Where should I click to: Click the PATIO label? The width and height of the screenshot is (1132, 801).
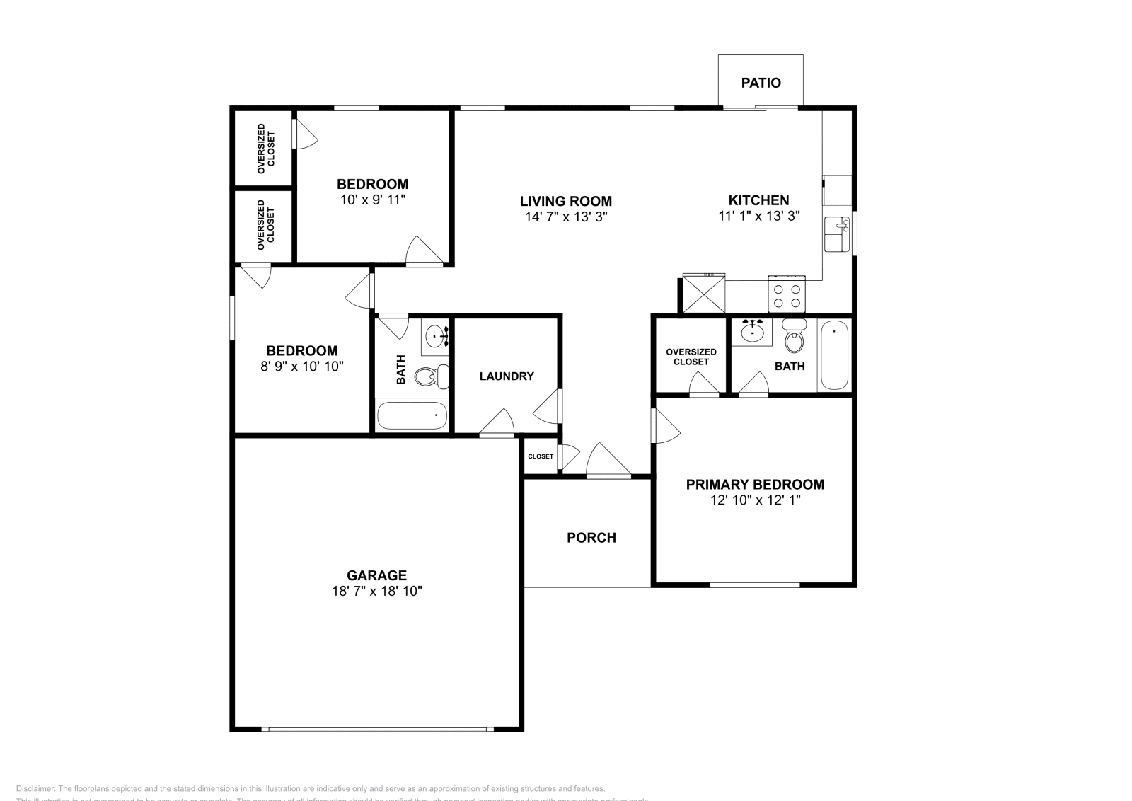(x=761, y=83)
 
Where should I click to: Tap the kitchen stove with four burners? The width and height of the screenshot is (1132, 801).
(x=787, y=295)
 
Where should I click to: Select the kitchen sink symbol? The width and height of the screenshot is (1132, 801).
(x=838, y=234)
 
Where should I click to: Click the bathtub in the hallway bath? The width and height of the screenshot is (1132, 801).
(x=412, y=415)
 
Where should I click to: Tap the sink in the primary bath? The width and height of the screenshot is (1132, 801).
(x=751, y=331)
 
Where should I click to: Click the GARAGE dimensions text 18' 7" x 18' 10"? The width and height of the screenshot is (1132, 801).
(x=376, y=591)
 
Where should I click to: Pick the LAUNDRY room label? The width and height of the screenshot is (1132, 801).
(x=507, y=376)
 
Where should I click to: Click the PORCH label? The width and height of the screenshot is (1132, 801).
(x=591, y=538)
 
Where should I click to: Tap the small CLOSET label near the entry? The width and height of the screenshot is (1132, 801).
(x=541, y=456)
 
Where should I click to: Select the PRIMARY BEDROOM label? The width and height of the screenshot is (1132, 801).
(x=755, y=485)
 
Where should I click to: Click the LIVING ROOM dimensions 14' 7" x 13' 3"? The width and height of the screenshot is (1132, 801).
(x=566, y=217)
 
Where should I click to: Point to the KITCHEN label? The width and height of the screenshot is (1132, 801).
(x=758, y=200)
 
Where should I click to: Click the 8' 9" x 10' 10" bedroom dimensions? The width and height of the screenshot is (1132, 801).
(x=301, y=366)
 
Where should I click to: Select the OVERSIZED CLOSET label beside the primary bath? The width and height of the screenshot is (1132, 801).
(x=691, y=357)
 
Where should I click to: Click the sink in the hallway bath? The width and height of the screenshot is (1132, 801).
(x=437, y=336)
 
